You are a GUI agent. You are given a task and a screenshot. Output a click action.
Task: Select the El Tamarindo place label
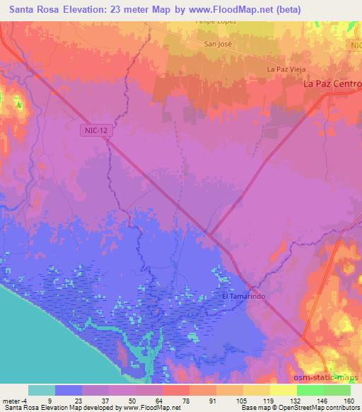pyautogui.click(x=243, y=297)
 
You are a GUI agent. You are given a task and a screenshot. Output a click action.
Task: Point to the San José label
pyautogui.click(x=218, y=44)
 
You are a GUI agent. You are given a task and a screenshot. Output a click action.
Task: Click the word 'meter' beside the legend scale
pyautogui.click(x=11, y=400)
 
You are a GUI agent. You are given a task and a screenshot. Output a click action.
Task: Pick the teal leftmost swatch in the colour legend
pyautogui.click(x=42, y=390)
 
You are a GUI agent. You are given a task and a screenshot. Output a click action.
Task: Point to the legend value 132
pyautogui.click(x=296, y=400)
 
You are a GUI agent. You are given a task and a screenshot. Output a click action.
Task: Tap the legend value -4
pyautogui.click(x=28, y=400)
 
